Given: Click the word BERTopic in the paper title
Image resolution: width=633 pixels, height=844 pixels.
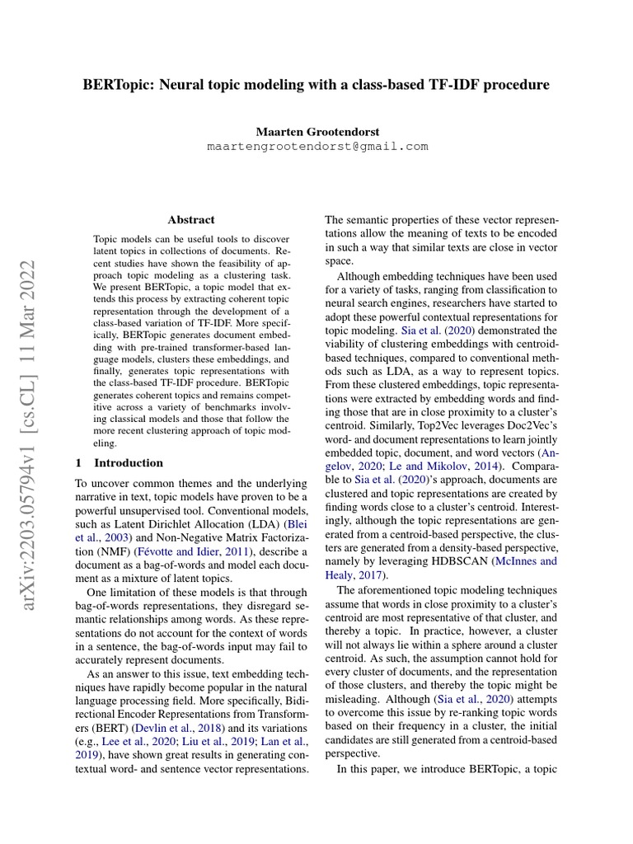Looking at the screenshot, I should (115, 85).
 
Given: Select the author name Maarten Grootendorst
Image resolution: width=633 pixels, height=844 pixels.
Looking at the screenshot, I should (316, 132).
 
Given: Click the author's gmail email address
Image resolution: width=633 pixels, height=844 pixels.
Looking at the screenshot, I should (316, 147).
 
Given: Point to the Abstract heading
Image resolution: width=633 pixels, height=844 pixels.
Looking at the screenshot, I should (191, 220).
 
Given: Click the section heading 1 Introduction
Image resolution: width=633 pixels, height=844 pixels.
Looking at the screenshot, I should (120, 462).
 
